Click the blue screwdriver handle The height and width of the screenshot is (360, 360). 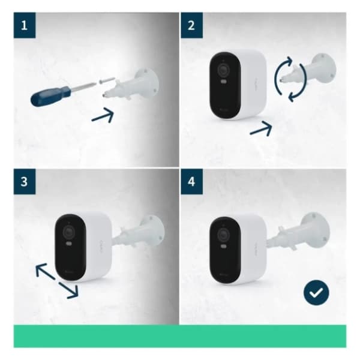(52, 95)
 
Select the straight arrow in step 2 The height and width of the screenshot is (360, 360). (260, 128)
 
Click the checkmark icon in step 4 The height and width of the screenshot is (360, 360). (316, 292)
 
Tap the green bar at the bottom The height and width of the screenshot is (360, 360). (180, 336)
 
